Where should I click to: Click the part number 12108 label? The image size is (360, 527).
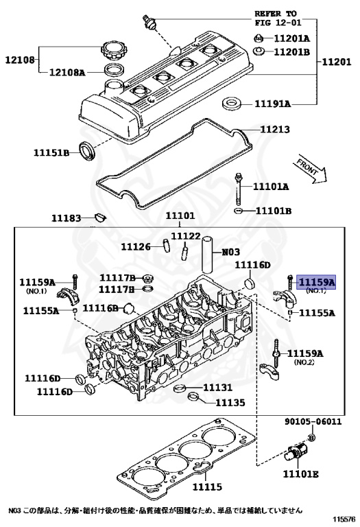click(x=20, y=60)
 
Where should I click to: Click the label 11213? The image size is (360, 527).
click(x=275, y=130)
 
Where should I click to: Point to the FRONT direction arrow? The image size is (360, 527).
click(x=311, y=169)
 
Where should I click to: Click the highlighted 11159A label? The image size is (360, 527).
click(x=317, y=282)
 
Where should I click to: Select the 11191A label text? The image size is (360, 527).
click(x=273, y=104)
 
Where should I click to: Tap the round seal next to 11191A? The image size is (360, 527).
click(x=232, y=103)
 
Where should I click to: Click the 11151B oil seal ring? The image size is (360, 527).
click(x=87, y=150)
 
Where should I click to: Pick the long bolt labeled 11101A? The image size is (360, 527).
click(x=239, y=189)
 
